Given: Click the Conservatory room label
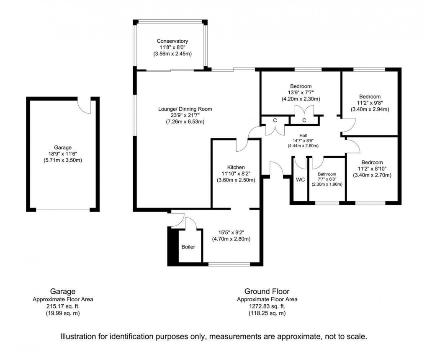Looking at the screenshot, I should [x=172, y=41].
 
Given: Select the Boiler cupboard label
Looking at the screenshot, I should [x=188, y=247].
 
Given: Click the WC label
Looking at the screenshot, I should [x=300, y=180].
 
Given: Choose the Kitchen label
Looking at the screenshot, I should [x=236, y=167].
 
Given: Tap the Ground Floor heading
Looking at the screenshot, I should [x=267, y=291].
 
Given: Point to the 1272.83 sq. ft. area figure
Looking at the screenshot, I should [x=267, y=306].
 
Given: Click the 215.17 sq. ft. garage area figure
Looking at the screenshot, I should [x=63, y=306].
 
